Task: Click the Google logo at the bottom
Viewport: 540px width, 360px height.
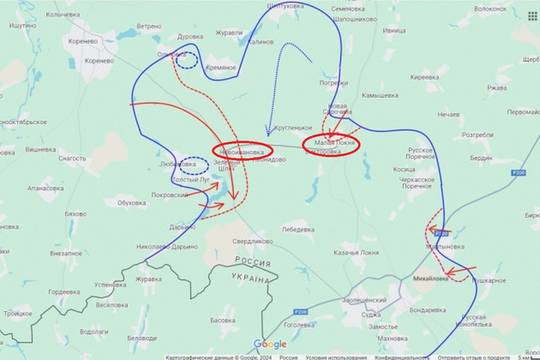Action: [269, 344]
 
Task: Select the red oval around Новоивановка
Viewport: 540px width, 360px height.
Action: [242, 150]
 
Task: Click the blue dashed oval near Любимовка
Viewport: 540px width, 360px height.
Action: [192, 166]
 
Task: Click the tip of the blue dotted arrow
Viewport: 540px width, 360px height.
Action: [267, 134]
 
